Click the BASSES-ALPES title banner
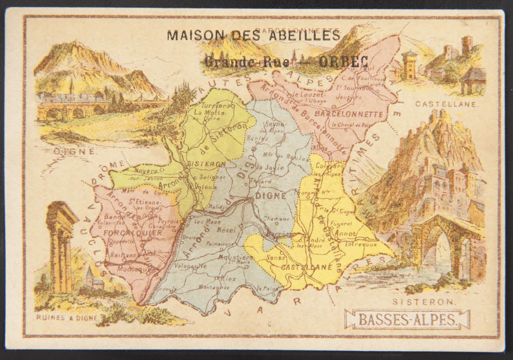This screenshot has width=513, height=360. (x=407, y=320)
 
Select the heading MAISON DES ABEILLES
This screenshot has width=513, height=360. (x=253, y=35)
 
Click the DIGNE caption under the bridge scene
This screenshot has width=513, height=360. (x=74, y=152)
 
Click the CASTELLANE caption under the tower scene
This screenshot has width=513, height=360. (x=446, y=104)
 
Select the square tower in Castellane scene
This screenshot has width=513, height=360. (x=410, y=65)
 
